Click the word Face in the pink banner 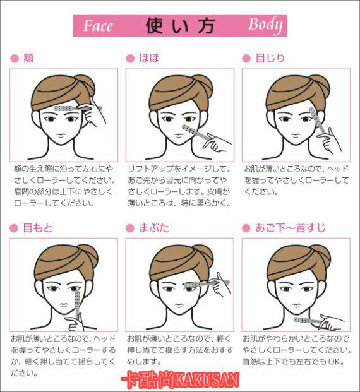(98, 26)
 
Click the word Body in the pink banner (265, 25)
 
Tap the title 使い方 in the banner (179, 25)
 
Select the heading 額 (28, 58)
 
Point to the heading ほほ (149, 58)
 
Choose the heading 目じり (270, 58)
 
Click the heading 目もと (38, 228)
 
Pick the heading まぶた (154, 228)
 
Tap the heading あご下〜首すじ (290, 228)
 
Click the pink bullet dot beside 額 (15, 59)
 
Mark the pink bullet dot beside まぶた (130, 229)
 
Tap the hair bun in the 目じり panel (320, 85)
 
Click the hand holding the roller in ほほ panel (217, 143)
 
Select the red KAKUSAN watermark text (180, 380)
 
